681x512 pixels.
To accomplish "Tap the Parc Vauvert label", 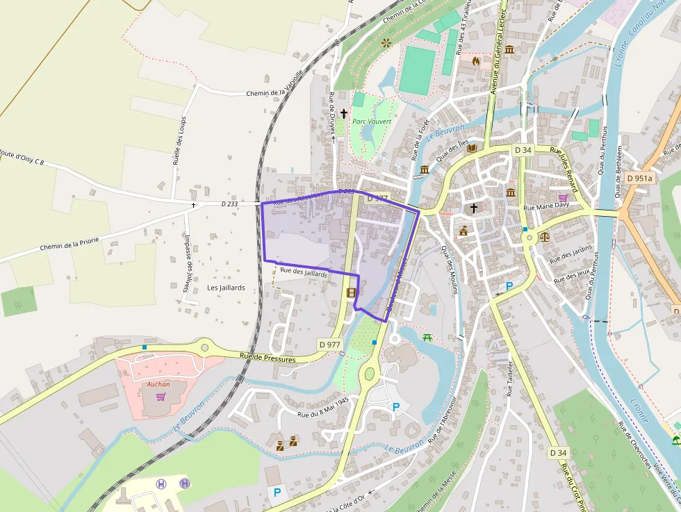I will [x=372, y=122].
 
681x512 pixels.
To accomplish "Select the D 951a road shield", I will [x=639, y=178].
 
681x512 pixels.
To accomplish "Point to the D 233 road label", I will [x=229, y=204].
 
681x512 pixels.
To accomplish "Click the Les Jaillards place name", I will [x=226, y=288].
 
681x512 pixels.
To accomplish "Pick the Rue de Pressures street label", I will [x=268, y=358].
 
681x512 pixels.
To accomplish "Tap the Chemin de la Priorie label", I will [x=69, y=243].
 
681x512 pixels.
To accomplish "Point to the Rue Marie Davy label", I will [x=546, y=206].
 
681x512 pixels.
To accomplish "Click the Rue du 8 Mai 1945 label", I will [x=323, y=408].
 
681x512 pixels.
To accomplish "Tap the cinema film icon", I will [x=352, y=292].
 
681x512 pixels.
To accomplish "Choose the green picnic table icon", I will [x=427, y=337].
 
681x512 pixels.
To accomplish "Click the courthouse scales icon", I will [x=544, y=236].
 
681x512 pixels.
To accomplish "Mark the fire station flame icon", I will [x=476, y=61].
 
